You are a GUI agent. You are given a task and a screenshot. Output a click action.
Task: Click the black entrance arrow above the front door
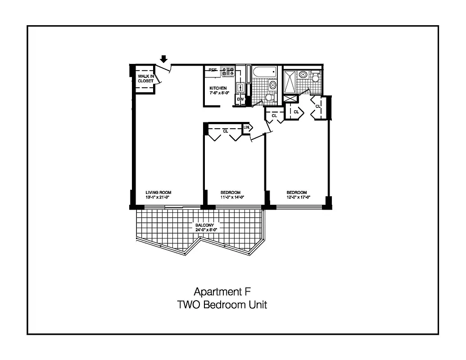coord(164,58)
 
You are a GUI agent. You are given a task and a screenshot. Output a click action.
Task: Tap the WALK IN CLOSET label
coord(145,79)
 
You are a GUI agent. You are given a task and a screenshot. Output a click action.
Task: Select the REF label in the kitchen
coord(213,70)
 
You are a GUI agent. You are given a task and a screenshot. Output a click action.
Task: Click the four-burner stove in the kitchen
coord(228,71)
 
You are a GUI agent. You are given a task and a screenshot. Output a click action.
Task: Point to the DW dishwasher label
coord(240,99)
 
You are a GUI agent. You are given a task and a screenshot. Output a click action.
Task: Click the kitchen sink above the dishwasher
coord(240,87)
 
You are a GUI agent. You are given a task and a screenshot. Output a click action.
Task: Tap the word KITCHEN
coord(218,88)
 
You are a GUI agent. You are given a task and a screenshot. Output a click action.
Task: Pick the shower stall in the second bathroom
coord(290,81)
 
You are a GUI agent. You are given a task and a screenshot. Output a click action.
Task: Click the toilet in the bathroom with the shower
coord(315,79)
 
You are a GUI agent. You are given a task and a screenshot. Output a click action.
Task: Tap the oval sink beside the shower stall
coord(303,74)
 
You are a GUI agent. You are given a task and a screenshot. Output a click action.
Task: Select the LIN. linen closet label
coord(246,128)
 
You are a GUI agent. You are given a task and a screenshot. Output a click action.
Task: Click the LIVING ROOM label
coord(158,193)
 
